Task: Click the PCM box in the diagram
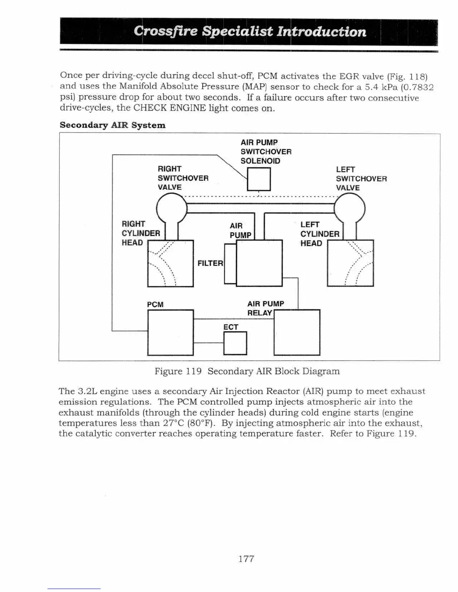coord(170,332)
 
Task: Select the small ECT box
coord(235,343)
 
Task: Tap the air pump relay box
coord(297,332)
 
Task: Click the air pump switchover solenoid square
coord(259,179)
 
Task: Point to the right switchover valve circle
coord(171,209)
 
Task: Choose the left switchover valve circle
coord(349,210)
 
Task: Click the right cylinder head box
coord(170,263)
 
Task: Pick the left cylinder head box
coord(350,263)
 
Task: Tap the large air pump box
coord(259,263)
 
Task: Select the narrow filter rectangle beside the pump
coord(230,264)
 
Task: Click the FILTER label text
coord(210,263)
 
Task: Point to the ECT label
coord(230,327)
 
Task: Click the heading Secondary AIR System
coord(112,125)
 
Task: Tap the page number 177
coord(246,559)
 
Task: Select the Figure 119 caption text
coord(247,371)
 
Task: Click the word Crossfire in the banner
coord(165,31)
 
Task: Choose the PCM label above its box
coord(155,305)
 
